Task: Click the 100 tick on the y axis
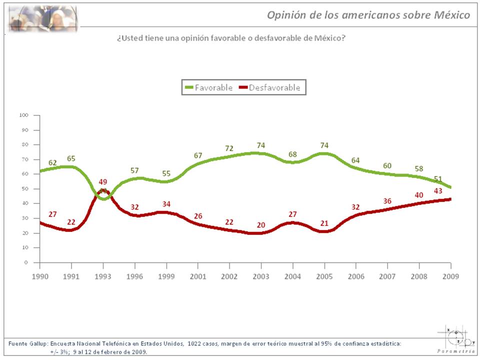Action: coord(23,115)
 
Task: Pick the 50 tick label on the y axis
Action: coord(24,189)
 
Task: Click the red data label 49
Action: coord(103,181)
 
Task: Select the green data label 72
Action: coord(229,148)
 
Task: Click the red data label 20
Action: coord(260,225)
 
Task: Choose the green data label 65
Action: coord(71,159)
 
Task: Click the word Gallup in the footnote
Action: coord(39,343)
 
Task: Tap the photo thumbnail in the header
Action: coord(42,18)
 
